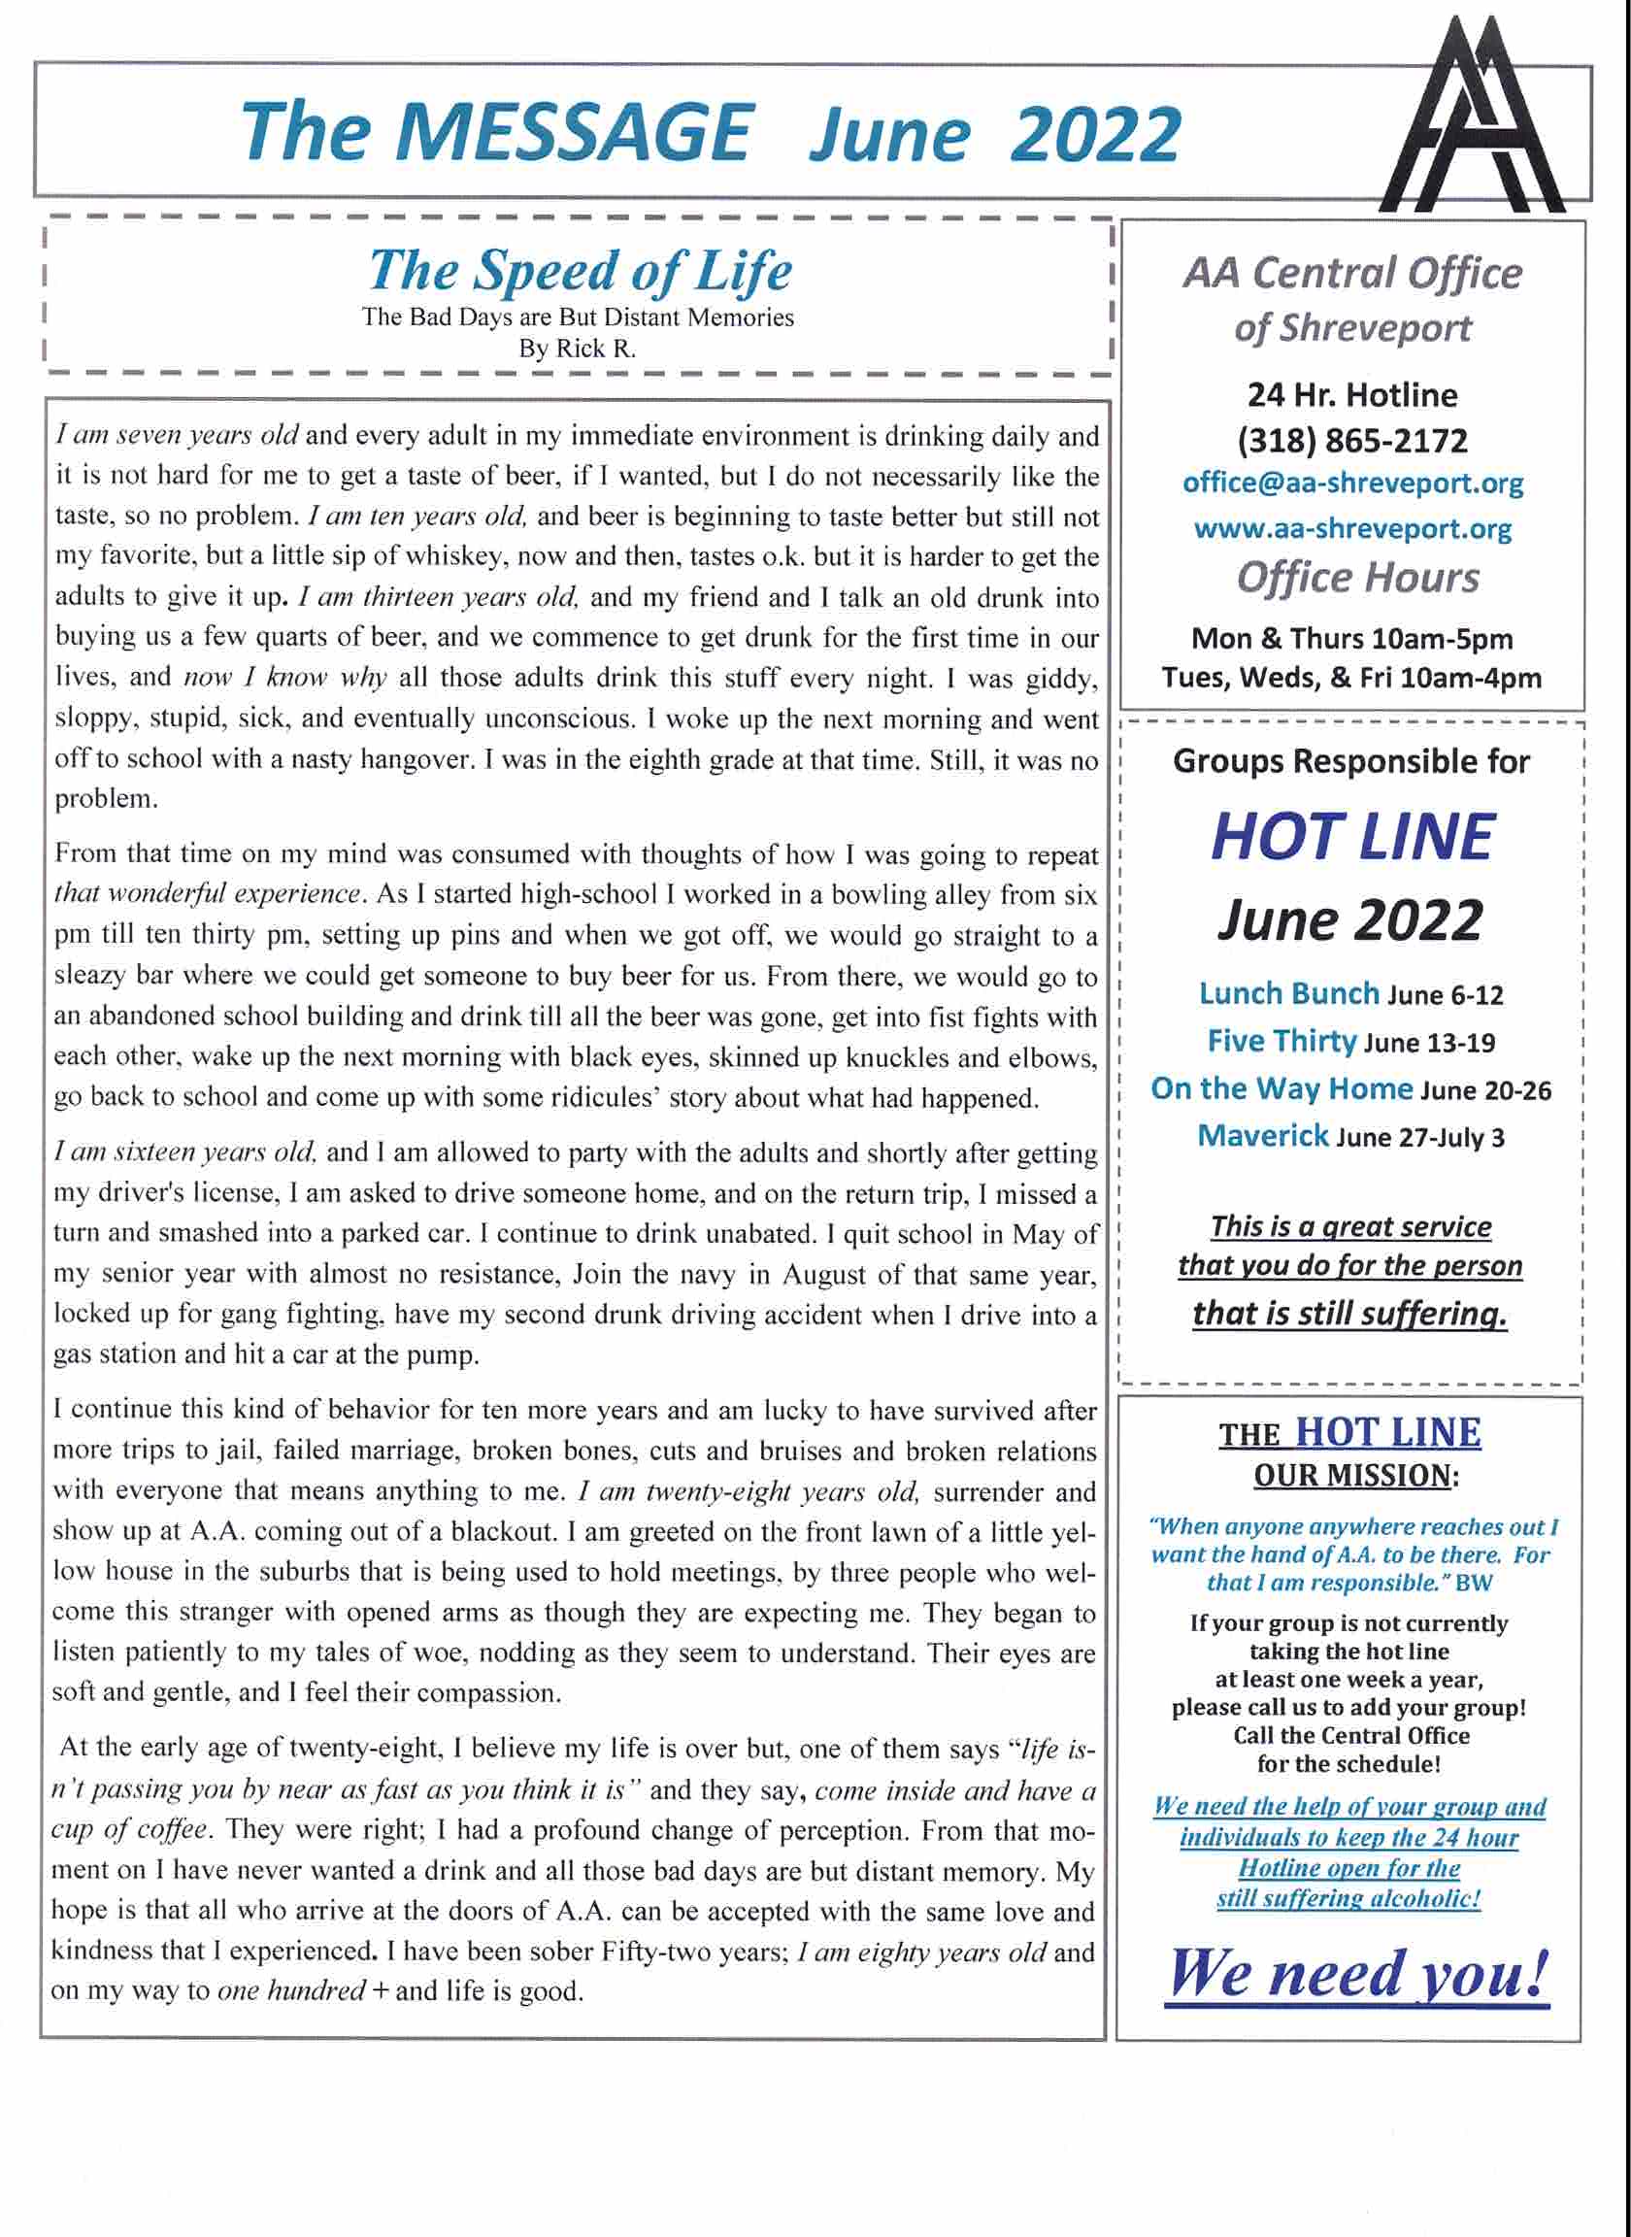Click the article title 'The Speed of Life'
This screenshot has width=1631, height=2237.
[x=580, y=270]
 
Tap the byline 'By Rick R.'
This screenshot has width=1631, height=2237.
[x=578, y=349]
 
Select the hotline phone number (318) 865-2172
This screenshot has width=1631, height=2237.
[x=1351, y=440]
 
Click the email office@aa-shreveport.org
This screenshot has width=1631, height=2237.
[x=1352, y=484]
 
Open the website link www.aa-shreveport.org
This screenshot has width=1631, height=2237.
[x=1352, y=529]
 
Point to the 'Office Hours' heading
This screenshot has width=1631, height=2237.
[x=1357, y=579]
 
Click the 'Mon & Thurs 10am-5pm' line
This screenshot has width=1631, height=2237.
[x=1351, y=639]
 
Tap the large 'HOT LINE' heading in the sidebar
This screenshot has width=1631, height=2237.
[x=1351, y=838]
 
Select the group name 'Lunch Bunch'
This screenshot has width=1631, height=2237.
[x=1288, y=993]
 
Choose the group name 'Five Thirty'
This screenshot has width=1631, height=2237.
[x=1281, y=1041]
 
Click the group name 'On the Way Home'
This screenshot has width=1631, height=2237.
[x=1281, y=1087]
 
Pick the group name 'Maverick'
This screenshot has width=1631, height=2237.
[x=1263, y=1135]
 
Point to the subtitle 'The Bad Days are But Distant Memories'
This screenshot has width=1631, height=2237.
[x=578, y=317]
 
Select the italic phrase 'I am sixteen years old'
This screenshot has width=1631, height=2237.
[x=184, y=1152]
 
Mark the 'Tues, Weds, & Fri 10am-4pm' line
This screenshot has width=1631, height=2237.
[x=1351, y=679]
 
